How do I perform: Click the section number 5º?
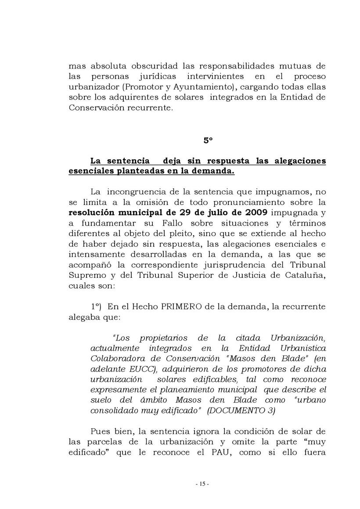click(208, 141)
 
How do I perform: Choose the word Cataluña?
click(304, 275)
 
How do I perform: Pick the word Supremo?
click(85, 275)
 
